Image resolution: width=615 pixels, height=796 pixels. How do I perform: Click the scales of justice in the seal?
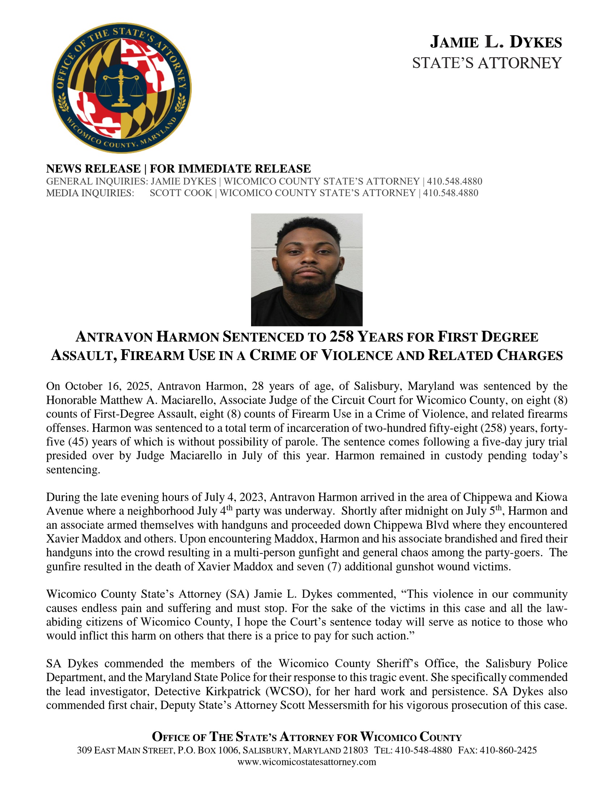click(120, 88)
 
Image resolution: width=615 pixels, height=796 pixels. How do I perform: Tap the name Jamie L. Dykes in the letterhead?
click(496, 42)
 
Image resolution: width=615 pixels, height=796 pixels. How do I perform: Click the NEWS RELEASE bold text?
click(93, 169)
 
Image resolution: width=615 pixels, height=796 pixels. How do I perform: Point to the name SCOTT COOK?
click(181, 193)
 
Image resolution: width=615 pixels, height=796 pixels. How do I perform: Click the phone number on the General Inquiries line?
click(454, 181)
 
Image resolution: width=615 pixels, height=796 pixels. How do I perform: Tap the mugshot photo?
click(306, 269)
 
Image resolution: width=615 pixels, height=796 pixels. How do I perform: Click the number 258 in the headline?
click(342, 337)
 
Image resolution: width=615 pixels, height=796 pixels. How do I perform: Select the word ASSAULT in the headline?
click(84, 355)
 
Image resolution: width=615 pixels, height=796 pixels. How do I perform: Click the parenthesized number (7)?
click(329, 567)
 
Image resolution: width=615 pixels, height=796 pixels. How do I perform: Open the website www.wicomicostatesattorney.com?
click(306, 762)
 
